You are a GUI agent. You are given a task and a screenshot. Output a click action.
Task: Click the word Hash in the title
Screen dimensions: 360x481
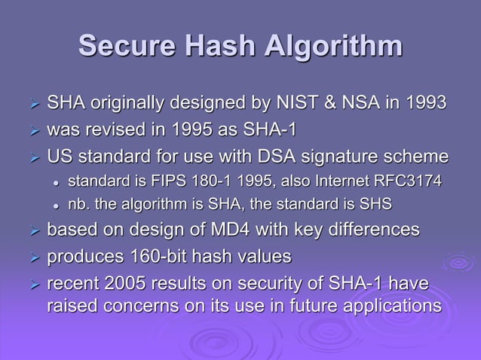(x=219, y=46)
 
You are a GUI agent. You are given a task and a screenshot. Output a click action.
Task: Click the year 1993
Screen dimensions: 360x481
(x=426, y=102)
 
